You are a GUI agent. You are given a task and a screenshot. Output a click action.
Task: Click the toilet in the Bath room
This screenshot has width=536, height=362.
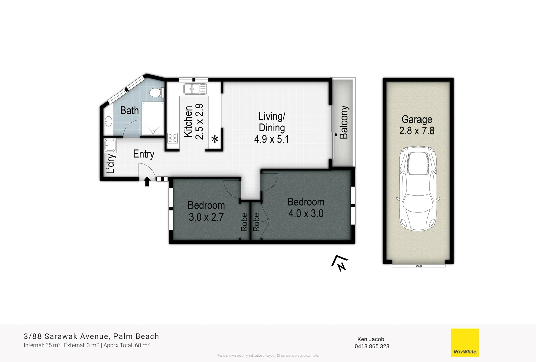tap(157, 92)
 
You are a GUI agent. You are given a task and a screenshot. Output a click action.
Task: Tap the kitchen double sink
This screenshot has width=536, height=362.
tap(195, 89)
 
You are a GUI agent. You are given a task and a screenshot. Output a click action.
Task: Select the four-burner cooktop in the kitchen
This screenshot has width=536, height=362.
tap(172, 138)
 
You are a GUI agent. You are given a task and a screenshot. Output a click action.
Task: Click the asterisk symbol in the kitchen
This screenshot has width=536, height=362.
tap(215, 139)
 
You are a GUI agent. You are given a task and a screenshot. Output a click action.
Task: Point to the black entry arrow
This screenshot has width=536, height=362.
tap(147, 182)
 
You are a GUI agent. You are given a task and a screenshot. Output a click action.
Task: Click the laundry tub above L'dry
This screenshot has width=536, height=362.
tap(109, 145)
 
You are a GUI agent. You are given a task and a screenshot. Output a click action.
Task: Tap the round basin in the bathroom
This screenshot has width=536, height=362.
tap(108, 121)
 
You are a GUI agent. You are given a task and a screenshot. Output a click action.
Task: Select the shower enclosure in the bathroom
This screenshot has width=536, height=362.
tap(153, 119)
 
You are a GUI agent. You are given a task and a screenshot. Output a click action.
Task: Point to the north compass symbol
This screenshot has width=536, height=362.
tap(340, 263)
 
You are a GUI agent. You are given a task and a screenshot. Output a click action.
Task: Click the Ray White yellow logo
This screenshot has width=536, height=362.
tap(465, 343)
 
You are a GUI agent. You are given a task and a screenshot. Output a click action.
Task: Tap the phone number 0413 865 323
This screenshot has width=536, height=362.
tap(372, 346)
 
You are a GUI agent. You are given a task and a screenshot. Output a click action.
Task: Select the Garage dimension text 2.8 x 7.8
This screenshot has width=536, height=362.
tap(416, 131)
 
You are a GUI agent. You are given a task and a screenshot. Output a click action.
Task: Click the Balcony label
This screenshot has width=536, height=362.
tap(344, 122)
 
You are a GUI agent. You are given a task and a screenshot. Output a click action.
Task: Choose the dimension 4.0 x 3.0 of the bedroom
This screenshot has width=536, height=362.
tap(306, 214)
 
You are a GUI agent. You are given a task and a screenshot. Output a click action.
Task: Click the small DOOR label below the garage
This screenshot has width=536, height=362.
tap(419, 266)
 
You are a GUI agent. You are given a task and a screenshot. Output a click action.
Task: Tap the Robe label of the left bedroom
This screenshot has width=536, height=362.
tap(244, 222)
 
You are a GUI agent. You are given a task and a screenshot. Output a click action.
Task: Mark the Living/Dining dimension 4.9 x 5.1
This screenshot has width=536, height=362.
tap(271, 139)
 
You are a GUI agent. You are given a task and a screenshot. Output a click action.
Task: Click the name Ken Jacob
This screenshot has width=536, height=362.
tap(371, 339)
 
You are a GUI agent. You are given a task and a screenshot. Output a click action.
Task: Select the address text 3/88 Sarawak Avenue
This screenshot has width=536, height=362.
tap(66, 336)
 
